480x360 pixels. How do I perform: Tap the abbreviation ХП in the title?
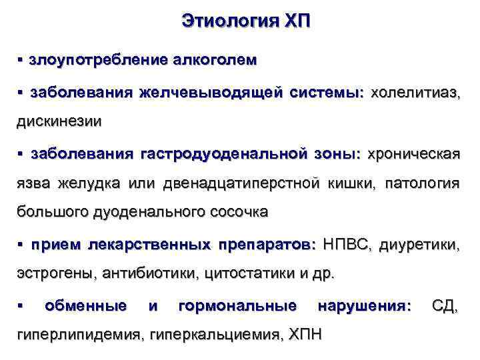295,21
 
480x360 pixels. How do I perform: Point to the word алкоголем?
214,60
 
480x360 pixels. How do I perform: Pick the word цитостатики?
249,274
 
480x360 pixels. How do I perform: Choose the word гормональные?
238,306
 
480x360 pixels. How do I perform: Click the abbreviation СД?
445,306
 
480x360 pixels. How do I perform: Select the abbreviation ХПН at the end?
305,335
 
